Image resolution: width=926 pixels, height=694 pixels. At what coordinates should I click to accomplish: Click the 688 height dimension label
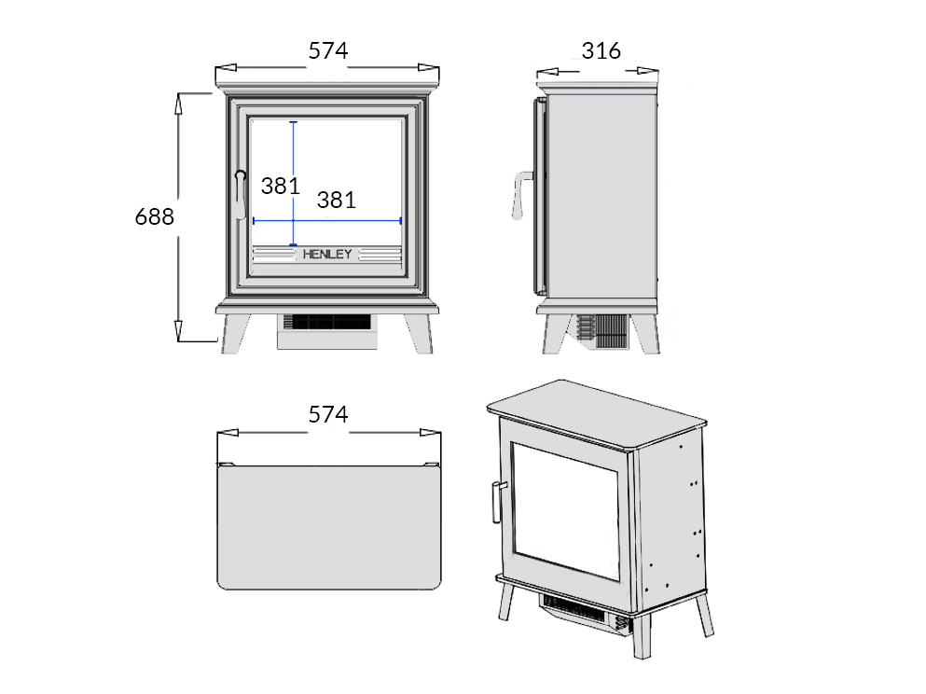tap(155, 216)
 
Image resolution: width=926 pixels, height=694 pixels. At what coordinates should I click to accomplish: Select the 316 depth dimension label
tap(601, 50)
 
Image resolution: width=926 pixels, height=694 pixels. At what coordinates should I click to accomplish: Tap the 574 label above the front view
tap(328, 50)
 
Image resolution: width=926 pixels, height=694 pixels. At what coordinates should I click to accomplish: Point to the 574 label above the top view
tap(328, 415)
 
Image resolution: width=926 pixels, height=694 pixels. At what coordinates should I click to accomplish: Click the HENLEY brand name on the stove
tap(327, 254)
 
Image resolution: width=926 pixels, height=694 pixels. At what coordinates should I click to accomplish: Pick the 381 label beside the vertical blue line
tap(281, 186)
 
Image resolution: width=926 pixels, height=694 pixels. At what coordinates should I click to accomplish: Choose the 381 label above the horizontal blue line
tap(337, 201)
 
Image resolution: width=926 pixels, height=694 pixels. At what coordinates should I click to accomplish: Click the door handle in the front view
tap(241, 195)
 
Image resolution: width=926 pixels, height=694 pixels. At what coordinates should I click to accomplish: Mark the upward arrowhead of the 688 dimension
tap(178, 104)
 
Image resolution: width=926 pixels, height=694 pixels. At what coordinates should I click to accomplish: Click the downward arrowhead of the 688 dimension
tap(178, 331)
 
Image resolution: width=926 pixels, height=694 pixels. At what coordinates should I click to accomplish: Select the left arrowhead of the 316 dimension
tap(547, 72)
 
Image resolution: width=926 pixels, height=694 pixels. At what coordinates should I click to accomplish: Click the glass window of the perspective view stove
tap(565, 511)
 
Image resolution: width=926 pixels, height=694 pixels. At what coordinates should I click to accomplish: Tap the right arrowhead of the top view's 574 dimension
tap(431, 433)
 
